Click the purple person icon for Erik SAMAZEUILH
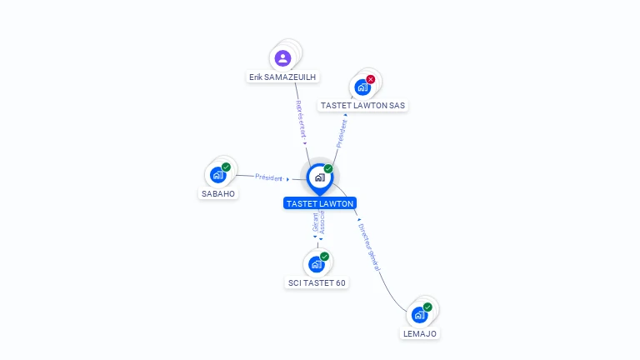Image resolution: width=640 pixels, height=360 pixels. click(x=282, y=58)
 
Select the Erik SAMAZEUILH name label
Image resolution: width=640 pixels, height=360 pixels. click(x=283, y=77)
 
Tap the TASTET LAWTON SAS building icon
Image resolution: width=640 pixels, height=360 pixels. click(x=362, y=87)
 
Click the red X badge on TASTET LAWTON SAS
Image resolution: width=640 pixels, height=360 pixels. click(x=371, y=80)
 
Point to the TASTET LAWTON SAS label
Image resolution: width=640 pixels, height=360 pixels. click(x=363, y=106)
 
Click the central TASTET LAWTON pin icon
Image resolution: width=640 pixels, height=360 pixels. click(x=319, y=177)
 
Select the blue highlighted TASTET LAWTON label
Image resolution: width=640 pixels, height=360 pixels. click(x=319, y=203)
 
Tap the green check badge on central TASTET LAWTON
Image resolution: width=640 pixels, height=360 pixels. click(x=328, y=169)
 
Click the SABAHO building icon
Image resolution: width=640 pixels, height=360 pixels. click(x=217, y=175)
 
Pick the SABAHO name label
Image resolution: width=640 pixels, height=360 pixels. click(x=218, y=193)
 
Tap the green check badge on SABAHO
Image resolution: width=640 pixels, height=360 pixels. click(x=226, y=167)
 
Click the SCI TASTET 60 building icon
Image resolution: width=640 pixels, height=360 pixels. click(x=316, y=264)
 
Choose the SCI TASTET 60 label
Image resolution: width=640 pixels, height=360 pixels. click(x=317, y=282)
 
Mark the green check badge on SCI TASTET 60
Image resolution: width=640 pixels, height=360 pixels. click(x=324, y=257)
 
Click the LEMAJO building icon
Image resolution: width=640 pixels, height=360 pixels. click(x=419, y=315)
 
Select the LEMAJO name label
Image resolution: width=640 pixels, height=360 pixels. click(x=418, y=333)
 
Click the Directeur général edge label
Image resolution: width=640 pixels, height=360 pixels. click(x=368, y=245)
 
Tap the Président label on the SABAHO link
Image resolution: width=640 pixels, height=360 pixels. click(x=269, y=177)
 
